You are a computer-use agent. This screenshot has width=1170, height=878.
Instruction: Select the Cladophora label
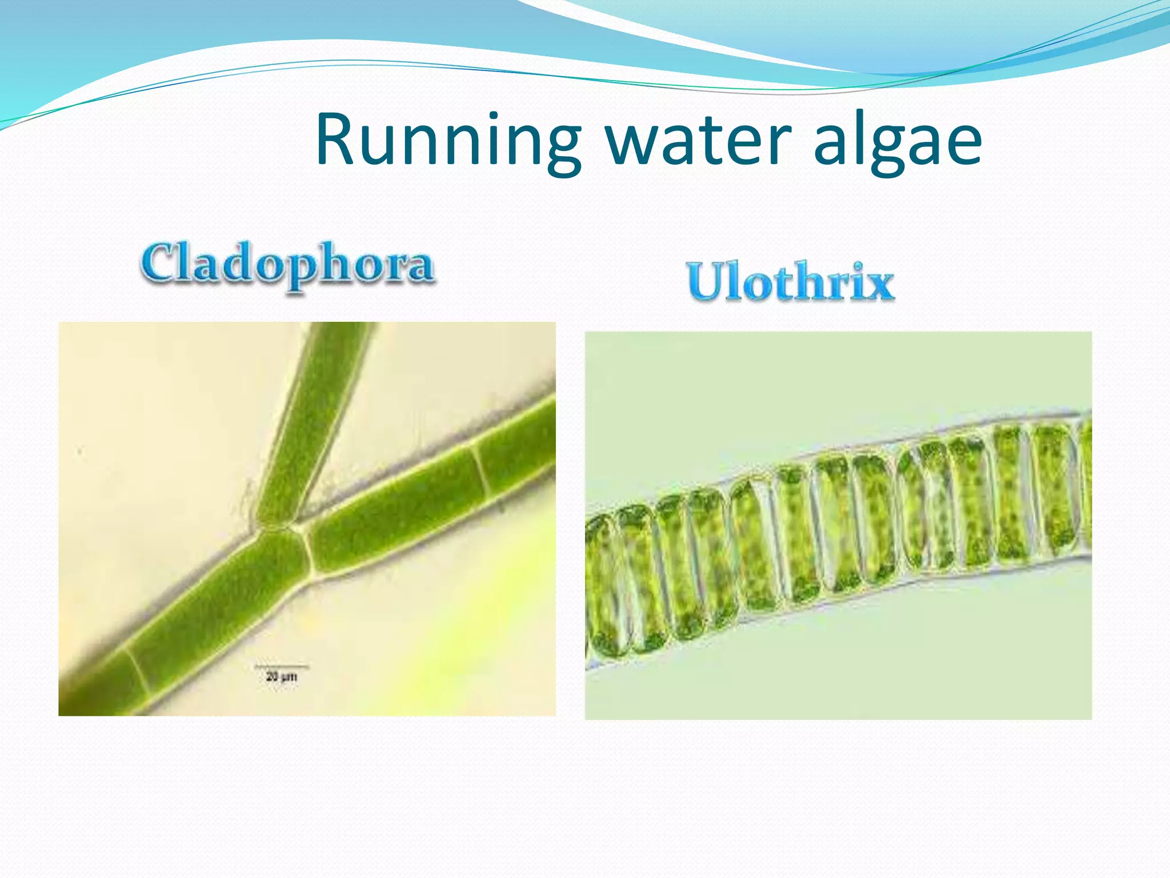(x=287, y=264)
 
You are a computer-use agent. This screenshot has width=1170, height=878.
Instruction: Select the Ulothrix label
(x=791, y=282)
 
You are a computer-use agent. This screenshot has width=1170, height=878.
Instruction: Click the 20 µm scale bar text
(x=281, y=677)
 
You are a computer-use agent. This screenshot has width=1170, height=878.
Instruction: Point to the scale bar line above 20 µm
(x=281, y=667)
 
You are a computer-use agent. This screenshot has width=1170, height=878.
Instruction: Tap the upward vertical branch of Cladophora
(x=317, y=412)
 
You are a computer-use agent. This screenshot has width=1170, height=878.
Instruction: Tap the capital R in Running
(x=337, y=140)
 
